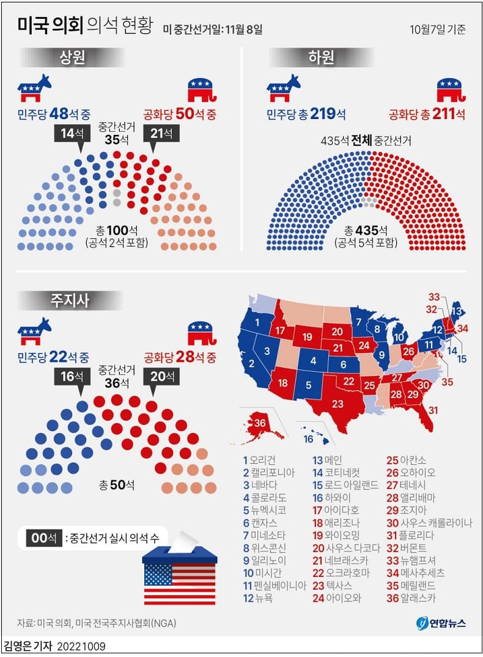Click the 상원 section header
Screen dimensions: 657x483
click(72, 58)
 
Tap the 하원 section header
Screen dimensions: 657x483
click(322, 58)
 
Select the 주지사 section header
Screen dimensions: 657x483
click(72, 300)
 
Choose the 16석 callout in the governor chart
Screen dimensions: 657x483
click(72, 377)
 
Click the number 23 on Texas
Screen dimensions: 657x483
click(337, 404)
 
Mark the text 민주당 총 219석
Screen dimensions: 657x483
click(306, 114)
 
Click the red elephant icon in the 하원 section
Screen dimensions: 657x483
click(452, 90)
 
